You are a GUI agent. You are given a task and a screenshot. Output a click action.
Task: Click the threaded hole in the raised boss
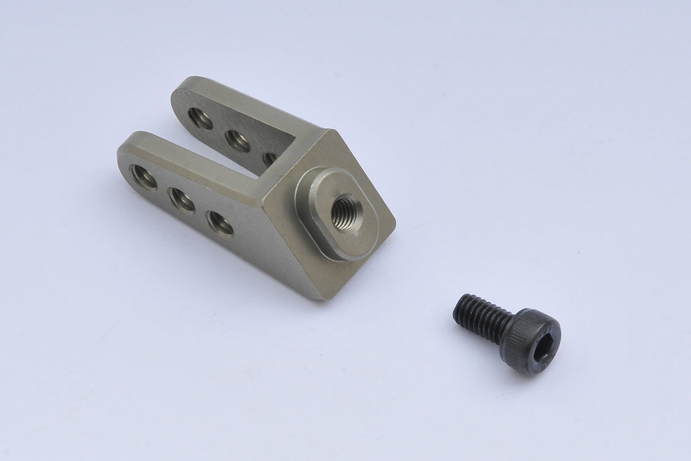(x=347, y=211)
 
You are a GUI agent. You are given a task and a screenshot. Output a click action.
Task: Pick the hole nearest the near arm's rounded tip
(x=143, y=177)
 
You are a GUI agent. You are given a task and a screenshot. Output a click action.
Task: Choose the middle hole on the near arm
(x=182, y=199)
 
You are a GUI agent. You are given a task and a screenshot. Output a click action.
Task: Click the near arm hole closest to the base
(x=220, y=223)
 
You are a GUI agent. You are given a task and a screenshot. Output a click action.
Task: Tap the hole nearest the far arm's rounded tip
(x=200, y=118)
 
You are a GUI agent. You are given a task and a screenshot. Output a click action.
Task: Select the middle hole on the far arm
(x=238, y=141)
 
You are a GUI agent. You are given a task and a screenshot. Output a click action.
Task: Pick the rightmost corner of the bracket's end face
(x=395, y=219)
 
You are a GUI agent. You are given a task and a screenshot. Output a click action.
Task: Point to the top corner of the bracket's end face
(x=328, y=131)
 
